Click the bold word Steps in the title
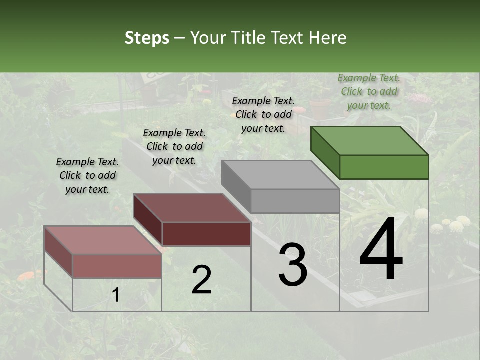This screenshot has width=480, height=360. coord(147,38)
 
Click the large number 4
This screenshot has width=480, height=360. coord(381,251)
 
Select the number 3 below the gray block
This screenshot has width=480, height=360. coord(293,265)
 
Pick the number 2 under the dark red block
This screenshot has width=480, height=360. coord(201,280)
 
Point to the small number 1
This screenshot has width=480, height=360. coord(116,295)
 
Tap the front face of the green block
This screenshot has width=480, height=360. coord(384,167)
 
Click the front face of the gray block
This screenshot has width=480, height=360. coord(295,201)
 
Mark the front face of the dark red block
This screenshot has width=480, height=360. coord(206,234)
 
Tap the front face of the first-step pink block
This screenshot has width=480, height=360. coord(117,266)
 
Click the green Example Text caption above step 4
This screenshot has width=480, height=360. coord(369,91)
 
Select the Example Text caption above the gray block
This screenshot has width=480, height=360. coord(263,114)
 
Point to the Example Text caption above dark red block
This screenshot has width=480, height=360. coord(174,146)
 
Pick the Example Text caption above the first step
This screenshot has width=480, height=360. coord(87,175)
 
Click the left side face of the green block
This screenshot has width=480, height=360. coord(325,152)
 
